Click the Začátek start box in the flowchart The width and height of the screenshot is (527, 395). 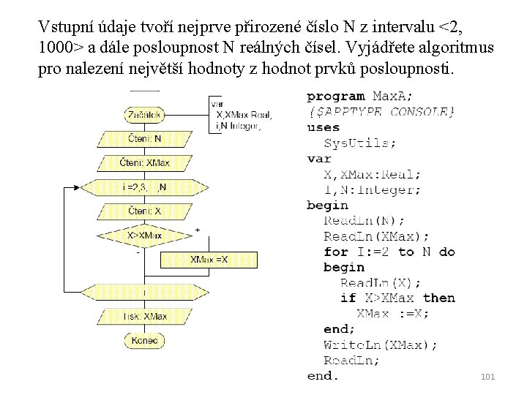(x=145, y=115)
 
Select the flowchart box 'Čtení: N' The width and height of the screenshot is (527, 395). (x=145, y=138)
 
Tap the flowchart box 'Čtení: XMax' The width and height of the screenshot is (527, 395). (x=145, y=162)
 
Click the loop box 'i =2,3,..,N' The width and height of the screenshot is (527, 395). (x=145, y=187)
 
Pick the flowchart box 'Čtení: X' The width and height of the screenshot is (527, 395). (x=145, y=211)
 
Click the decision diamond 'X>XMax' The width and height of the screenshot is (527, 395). (x=145, y=236)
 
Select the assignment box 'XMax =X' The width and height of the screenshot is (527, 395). (x=209, y=259)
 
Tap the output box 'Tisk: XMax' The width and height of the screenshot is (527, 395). (x=145, y=316)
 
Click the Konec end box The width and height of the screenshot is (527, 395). (x=145, y=340)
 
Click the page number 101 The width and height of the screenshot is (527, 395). (x=488, y=377)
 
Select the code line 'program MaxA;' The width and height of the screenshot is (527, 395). (x=359, y=96)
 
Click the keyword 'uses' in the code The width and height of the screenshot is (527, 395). (x=323, y=127)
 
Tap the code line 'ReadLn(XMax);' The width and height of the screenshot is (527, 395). (x=376, y=236)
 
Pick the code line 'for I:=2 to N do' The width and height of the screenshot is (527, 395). (x=389, y=252)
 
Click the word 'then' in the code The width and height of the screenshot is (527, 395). (x=439, y=298)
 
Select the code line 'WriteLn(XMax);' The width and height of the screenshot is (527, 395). (x=381, y=345)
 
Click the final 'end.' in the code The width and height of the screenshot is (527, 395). (x=323, y=376)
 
